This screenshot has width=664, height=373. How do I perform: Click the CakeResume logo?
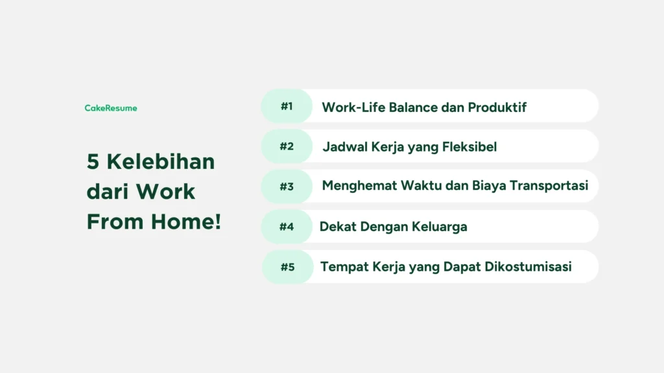(111, 108)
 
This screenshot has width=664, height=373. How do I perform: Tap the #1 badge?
(287, 106)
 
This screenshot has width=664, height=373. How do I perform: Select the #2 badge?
(287, 146)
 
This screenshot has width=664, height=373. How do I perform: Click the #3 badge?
(287, 186)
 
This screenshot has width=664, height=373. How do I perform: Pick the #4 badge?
(287, 227)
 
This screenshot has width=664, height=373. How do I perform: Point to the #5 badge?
(287, 267)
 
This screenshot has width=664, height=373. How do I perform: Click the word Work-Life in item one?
(353, 107)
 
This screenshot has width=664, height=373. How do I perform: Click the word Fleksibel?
(469, 147)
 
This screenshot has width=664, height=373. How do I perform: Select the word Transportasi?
(549, 186)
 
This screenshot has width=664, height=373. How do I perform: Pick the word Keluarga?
(440, 227)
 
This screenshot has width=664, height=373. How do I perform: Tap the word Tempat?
(344, 267)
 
